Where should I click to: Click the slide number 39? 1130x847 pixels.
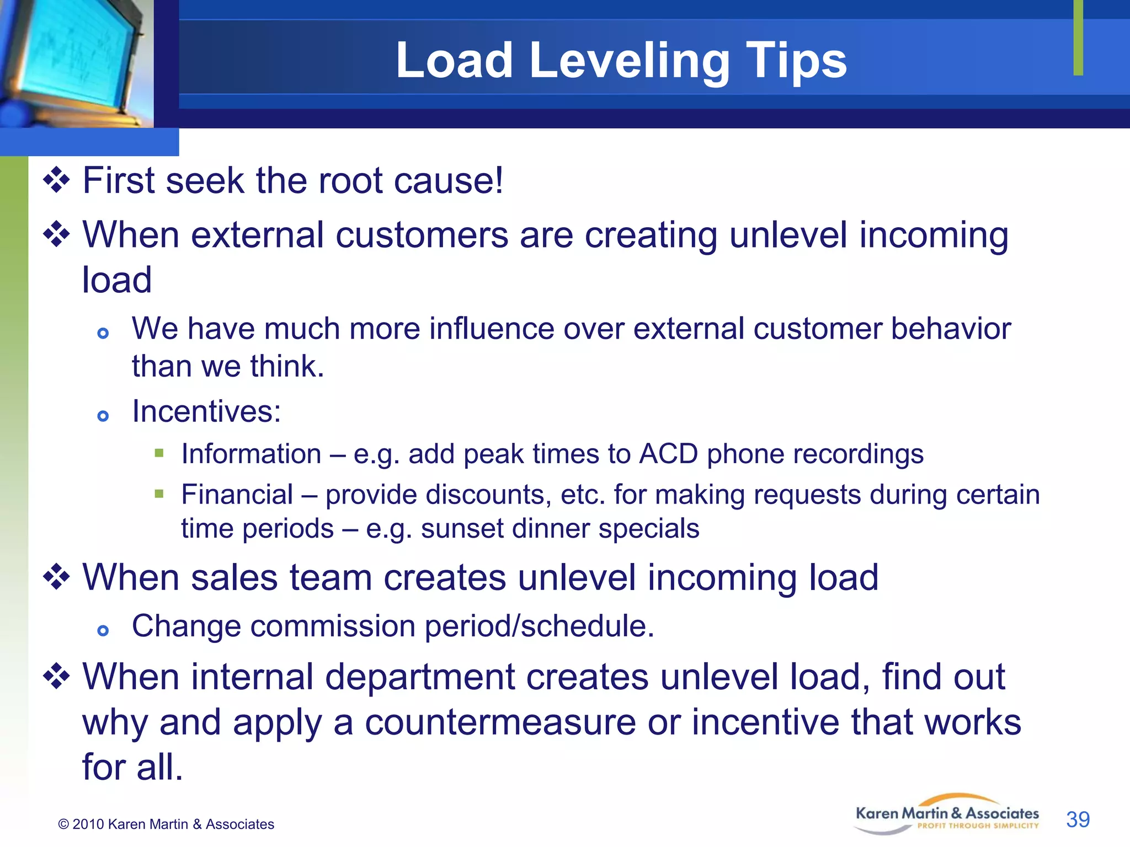pyautogui.click(x=1078, y=819)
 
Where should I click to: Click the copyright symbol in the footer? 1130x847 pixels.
pyautogui.click(x=63, y=824)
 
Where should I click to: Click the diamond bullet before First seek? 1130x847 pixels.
pyautogui.click(x=57, y=180)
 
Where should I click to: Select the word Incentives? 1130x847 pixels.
pyautogui.click(x=206, y=411)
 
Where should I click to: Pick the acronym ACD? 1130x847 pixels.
pyautogui.click(x=668, y=454)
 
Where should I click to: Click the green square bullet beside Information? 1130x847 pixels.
pyautogui.click(x=159, y=453)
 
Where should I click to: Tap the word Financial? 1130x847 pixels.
pyautogui.click(x=237, y=494)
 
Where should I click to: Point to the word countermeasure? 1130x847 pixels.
pyautogui.click(x=500, y=722)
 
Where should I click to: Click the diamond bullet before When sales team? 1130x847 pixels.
pyautogui.click(x=57, y=577)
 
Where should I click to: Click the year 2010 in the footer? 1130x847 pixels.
pyautogui.click(x=88, y=824)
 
